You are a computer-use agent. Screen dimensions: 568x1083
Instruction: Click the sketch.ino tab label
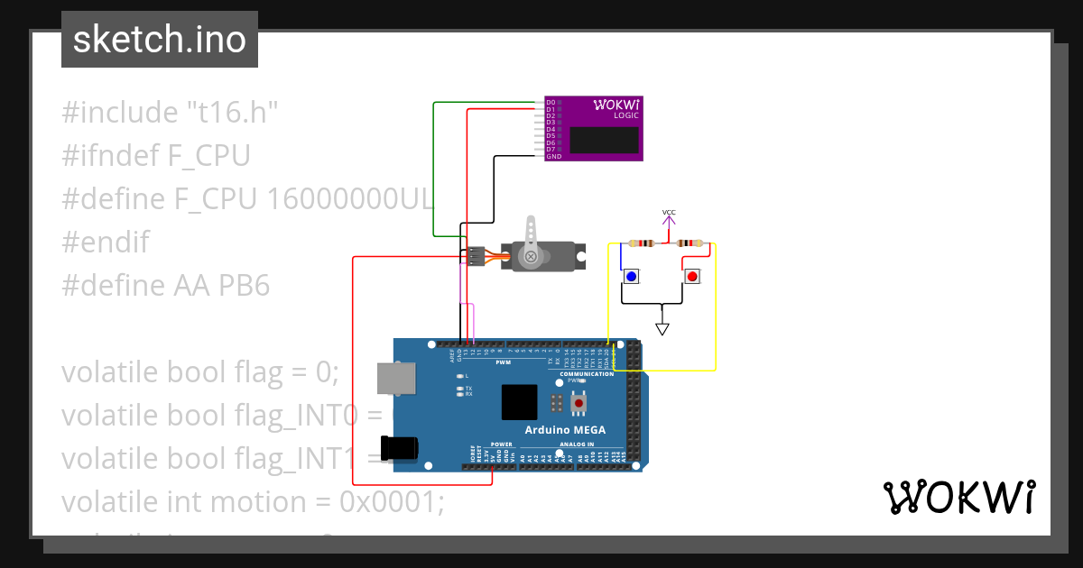pyautogui.click(x=159, y=40)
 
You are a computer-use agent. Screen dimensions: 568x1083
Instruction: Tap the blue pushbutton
pyautogui.click(x=631, y=276)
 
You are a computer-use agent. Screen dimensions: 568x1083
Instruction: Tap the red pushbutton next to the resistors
pyautogui.click(x=691, y=276)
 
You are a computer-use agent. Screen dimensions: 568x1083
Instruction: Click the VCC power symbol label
pyautogui.click(x=669, y=214)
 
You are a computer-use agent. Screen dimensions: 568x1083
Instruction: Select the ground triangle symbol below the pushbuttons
pyautogui.click(x=662, y=329)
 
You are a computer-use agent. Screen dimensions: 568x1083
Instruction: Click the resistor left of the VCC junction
pyautogui.click(x=643, y=243)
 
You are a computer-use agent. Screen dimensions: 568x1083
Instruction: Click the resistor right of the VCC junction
pyautogui.click(x=690, y=243)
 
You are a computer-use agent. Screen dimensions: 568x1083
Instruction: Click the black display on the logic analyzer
pyautogui.click(x=604, y=140)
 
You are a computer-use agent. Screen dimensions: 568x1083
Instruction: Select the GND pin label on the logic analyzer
pyautogui.click(x=554, y=157)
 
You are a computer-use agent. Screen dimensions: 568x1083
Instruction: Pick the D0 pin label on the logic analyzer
pyautogui.click(x=551, y=103)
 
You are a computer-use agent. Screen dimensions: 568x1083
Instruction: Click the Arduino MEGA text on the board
pyautogui.click(x=565, y=429)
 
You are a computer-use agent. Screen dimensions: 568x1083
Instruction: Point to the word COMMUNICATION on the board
pyautogui.click(x=587, y=373)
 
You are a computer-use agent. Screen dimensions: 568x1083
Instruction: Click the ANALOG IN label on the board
pyautogui.click(x=578, y=444)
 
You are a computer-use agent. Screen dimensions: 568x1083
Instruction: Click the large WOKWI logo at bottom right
pyautogui.click(x=958, y=497)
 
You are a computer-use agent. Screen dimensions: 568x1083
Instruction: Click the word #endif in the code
pyautogui.click(x=106, y=243)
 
